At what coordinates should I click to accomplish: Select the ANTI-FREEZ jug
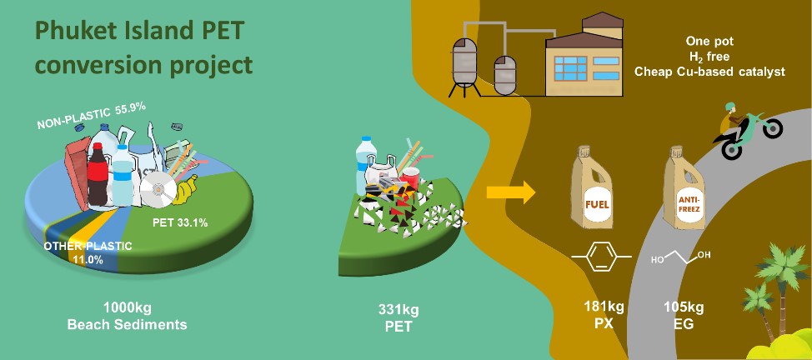click(685, 191)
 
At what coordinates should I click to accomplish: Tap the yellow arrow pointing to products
click(510, 193)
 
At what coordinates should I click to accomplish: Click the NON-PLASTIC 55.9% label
click(92, 117)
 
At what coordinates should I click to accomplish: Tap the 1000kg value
click(126, 307)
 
